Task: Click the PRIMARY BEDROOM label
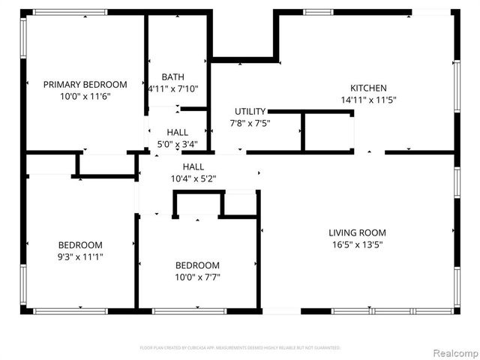[x=85, y=85]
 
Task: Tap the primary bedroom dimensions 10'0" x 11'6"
[x=85, y=97]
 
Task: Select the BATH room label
[x=173, y=76]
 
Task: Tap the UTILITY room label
[x=250, y=111]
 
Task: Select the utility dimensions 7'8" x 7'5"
[x=250, y=123]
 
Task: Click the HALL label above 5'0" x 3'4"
[x=178, y=132]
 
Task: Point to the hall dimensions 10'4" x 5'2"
[x=193, y=178]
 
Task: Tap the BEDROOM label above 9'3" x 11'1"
[x=81, y=244]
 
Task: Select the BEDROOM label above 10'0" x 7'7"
[x=197, y=265]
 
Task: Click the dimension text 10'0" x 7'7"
[x=197, y=277]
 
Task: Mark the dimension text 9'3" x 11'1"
[x=81, y=256]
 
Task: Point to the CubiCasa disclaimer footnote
[x=240, y=348]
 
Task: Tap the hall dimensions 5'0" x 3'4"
[x=178, y=144]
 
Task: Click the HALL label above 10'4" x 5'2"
[x=193, y=166]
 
